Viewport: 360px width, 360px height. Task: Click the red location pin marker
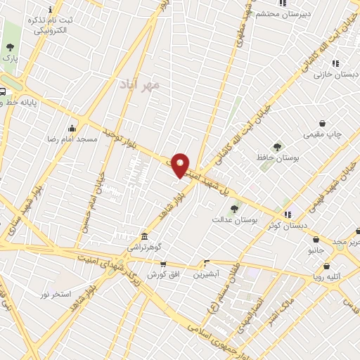181,165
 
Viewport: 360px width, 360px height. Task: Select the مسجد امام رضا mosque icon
72,128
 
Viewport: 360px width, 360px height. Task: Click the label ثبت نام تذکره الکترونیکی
49,25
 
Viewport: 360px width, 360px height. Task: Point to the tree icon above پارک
10,46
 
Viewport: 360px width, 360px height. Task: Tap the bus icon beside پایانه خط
2,91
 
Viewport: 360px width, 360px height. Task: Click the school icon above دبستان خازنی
335,62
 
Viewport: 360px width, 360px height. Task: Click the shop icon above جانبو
316,238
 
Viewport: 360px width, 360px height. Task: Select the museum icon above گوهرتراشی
144,236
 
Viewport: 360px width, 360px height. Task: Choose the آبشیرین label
206,273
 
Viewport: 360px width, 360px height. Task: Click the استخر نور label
56,293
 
